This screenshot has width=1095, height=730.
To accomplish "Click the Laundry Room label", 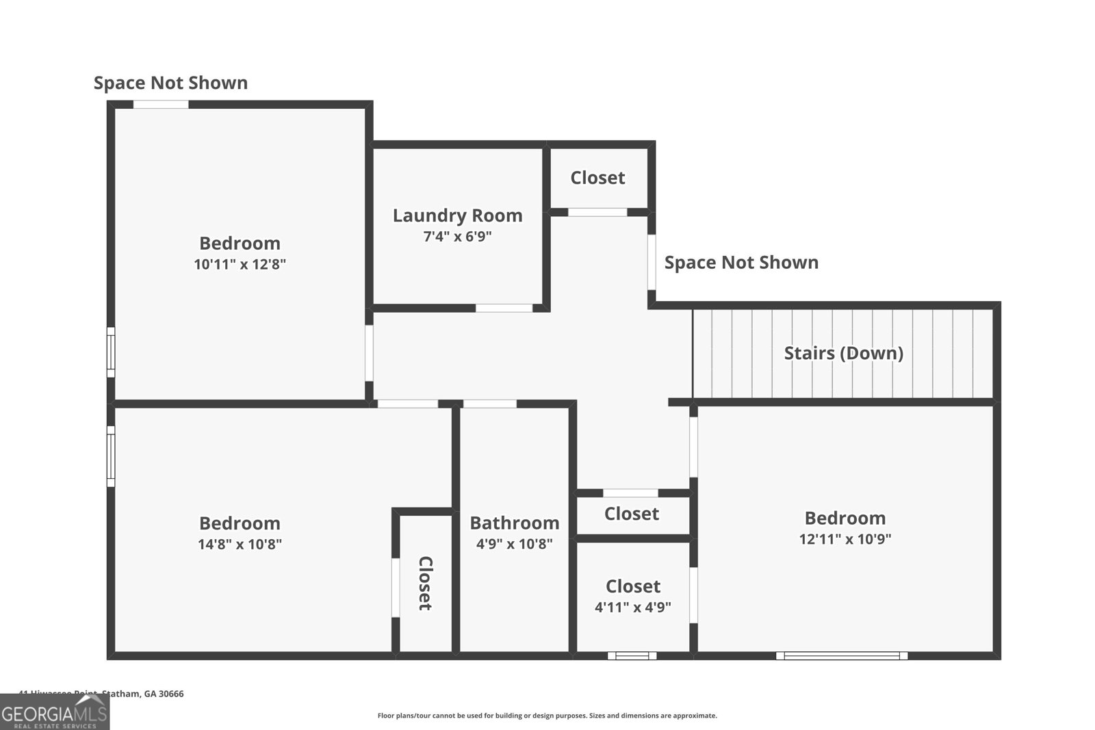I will [x=457, y=216].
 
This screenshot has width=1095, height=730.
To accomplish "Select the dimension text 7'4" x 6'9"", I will [x=457, y=237].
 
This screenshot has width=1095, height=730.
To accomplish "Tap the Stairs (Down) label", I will [x=843, y=353].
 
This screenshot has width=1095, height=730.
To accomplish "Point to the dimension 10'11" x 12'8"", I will [x=240, y=264].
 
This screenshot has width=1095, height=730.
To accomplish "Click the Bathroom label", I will [x=514, y=523].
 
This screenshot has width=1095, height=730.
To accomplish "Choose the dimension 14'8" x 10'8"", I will [x=240, y=545].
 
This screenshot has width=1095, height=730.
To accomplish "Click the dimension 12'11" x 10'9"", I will [x=845, y=539].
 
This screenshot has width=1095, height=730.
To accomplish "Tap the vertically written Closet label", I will [x=425, y=583].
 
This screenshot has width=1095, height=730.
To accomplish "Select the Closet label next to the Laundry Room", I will [x=597, y=178].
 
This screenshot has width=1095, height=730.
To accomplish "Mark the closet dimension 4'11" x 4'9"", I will [x=632, y=607].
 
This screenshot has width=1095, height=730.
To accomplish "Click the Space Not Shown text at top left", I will [x=170, y=83].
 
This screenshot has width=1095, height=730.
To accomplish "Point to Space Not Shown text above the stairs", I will [x=741, y=263].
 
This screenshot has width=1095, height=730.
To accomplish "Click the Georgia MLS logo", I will [x=55, y=712].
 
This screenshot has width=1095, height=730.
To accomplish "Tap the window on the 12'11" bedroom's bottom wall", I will [x=841, y=655].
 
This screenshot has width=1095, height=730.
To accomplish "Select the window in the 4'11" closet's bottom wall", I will [x=632, y=655].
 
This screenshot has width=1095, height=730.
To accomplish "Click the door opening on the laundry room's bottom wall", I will [x=504, y=308].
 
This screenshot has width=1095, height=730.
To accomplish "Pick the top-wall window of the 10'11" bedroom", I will [x=160, y=104].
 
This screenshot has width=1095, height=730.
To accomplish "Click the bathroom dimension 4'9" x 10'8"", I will [x=514, y=545].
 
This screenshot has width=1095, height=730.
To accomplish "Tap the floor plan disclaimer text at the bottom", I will [x=547, y=716].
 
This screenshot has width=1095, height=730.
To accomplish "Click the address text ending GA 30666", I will [x=102, y=694].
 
